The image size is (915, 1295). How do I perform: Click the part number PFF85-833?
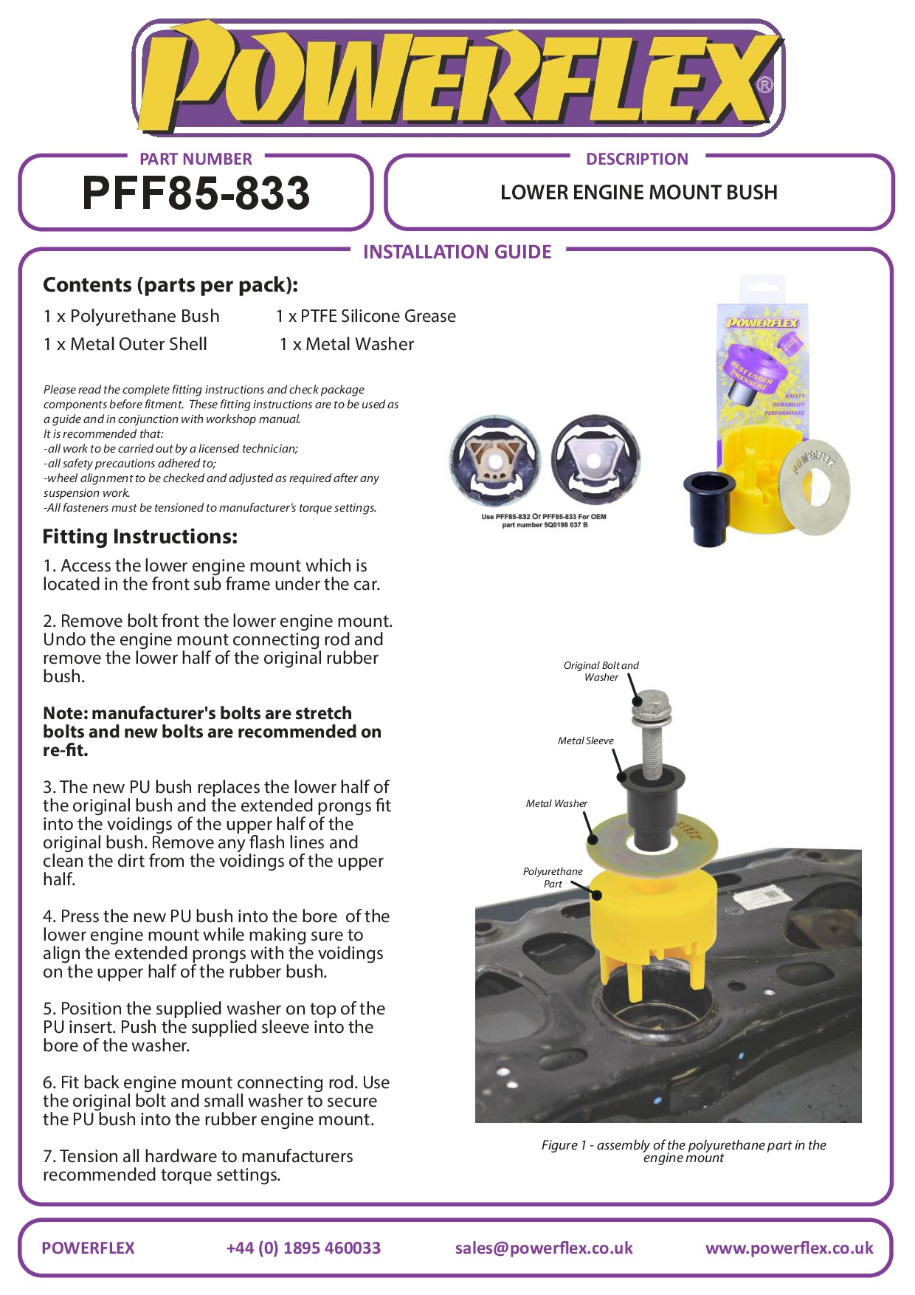[x=196, y=193]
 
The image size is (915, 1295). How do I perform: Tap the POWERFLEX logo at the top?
[x=457, y=78]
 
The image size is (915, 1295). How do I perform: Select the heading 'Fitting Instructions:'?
[x=140, y=537]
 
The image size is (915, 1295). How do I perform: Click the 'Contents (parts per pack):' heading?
[x=170, y=285]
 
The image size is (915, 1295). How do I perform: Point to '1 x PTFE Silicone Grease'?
[x=366, y=316]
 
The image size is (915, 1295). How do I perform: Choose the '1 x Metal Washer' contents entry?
[x=347, y=344]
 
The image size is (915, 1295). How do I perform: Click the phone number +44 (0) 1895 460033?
[x=303, y=1248]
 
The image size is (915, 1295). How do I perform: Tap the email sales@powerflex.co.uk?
[x=544, y=1248]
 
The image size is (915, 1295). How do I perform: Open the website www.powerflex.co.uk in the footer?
[x=789, y=1248]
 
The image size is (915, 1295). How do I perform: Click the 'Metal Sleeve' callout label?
[x=585, y=741]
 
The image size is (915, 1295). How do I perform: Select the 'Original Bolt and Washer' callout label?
[x=601, y=671]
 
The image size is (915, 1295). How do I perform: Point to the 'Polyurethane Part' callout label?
[x=553, y=877]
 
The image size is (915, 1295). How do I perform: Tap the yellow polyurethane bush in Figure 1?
[x=653, y=916]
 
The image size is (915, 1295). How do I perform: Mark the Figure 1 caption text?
[x=683, y=1151]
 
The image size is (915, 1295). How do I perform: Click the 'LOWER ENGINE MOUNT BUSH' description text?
[x=639, y=193]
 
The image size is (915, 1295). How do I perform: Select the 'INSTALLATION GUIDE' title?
[x=457, y=253]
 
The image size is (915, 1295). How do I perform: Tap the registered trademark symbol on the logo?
[x=765, y=86]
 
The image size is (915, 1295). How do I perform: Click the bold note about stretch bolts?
[x=212, y=732]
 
